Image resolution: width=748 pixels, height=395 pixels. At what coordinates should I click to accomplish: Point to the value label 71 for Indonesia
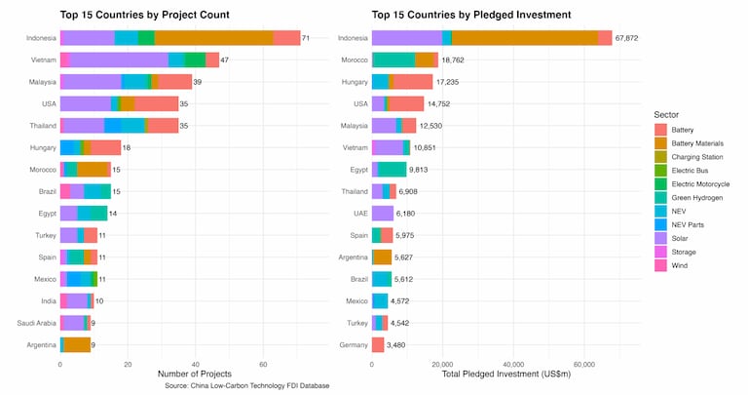tap(306, 38)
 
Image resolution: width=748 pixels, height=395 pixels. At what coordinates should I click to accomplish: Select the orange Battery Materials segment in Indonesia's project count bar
tap(213, 38)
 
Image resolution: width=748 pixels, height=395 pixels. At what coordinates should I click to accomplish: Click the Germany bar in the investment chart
tap(378, 345)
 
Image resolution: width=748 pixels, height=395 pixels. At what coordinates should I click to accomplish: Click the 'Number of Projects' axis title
tap(199, 374)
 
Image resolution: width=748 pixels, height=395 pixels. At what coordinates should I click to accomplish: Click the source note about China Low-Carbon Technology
tap(247, 386)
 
